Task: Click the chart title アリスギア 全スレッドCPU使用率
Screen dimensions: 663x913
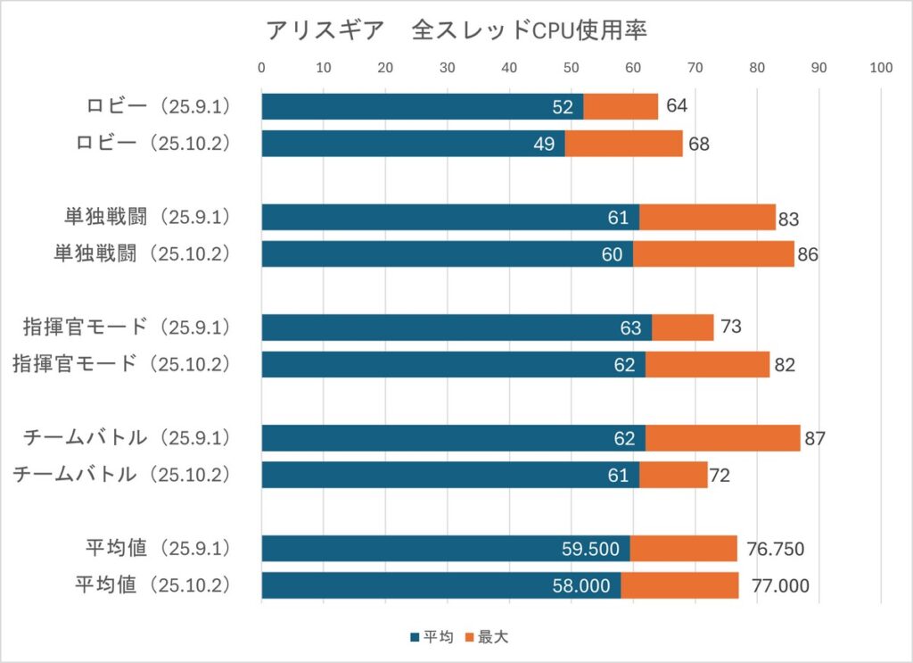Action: pyautogui.click(x=456, y=30)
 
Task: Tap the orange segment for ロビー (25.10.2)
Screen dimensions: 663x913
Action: pyautogui.click(x=623, y=144)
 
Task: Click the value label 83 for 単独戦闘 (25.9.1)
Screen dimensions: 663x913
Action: pyautogui.click(x=788, y=218)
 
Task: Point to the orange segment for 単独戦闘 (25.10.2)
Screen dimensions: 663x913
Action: pyautogui.click(x=713, y=254)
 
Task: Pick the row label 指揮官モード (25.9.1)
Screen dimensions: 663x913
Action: pyautogui.click(x=127, y=327)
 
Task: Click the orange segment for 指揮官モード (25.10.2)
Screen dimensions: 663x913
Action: pyautogui.click(x=707, y=364)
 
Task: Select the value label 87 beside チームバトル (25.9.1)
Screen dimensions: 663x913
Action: pyautogui.click(x=815, y=438)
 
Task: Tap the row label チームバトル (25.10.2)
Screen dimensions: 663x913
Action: pyautogui.click(x=122, y=475)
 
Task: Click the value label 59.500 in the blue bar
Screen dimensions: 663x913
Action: pyautogui.click(x=590, y=549)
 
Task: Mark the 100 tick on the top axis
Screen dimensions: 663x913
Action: pyautogui.click(x=881, y=67)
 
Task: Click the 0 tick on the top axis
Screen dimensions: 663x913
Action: pyautogui.click(x=261, y=67)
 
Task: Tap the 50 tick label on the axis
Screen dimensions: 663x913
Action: pyautogui.click(x=572, y=67)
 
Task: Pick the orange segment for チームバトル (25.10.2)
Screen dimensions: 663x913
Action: pyautogui.click(x=673, y=475)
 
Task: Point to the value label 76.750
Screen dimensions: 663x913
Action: pyautogui.click(x=775, y=549)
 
